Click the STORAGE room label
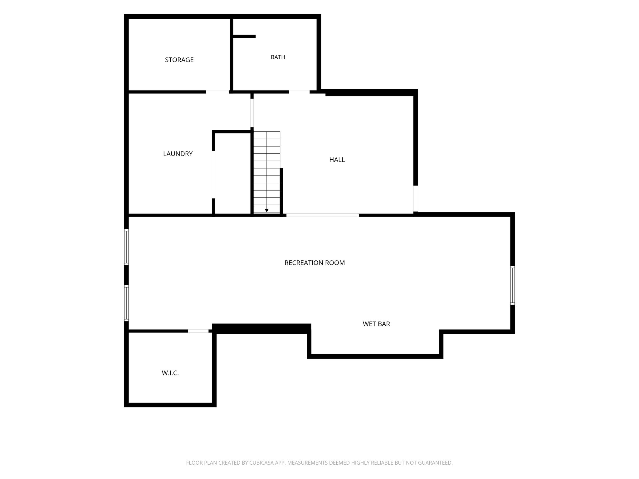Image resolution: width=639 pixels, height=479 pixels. [179, 60]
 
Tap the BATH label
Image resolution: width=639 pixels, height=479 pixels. [278, 57]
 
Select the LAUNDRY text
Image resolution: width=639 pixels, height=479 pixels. [178, 154]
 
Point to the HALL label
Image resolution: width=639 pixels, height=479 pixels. [337, 160]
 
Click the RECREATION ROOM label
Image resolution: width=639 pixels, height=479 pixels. [315, 263]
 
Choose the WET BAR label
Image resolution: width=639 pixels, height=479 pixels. [376, 324]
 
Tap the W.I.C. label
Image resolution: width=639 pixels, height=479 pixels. [170, 373]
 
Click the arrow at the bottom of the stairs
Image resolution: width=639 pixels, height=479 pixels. [267, 211]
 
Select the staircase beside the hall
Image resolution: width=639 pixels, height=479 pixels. [267, 172]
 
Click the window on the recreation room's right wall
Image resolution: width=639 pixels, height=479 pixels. [512, 285]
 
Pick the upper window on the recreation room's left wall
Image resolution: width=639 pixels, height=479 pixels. [126, 247]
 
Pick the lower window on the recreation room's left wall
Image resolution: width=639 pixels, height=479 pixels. [126, 303]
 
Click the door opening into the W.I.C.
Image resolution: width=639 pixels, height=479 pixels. [198, 331]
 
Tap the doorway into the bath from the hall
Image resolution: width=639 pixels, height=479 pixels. [299, 92]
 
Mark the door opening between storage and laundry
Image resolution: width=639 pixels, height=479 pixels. [217, 92]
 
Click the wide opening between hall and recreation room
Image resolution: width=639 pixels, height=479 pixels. [323, 215]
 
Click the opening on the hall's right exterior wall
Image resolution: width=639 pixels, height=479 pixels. [416, 199]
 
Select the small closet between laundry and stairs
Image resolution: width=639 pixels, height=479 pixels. [232, 173]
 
